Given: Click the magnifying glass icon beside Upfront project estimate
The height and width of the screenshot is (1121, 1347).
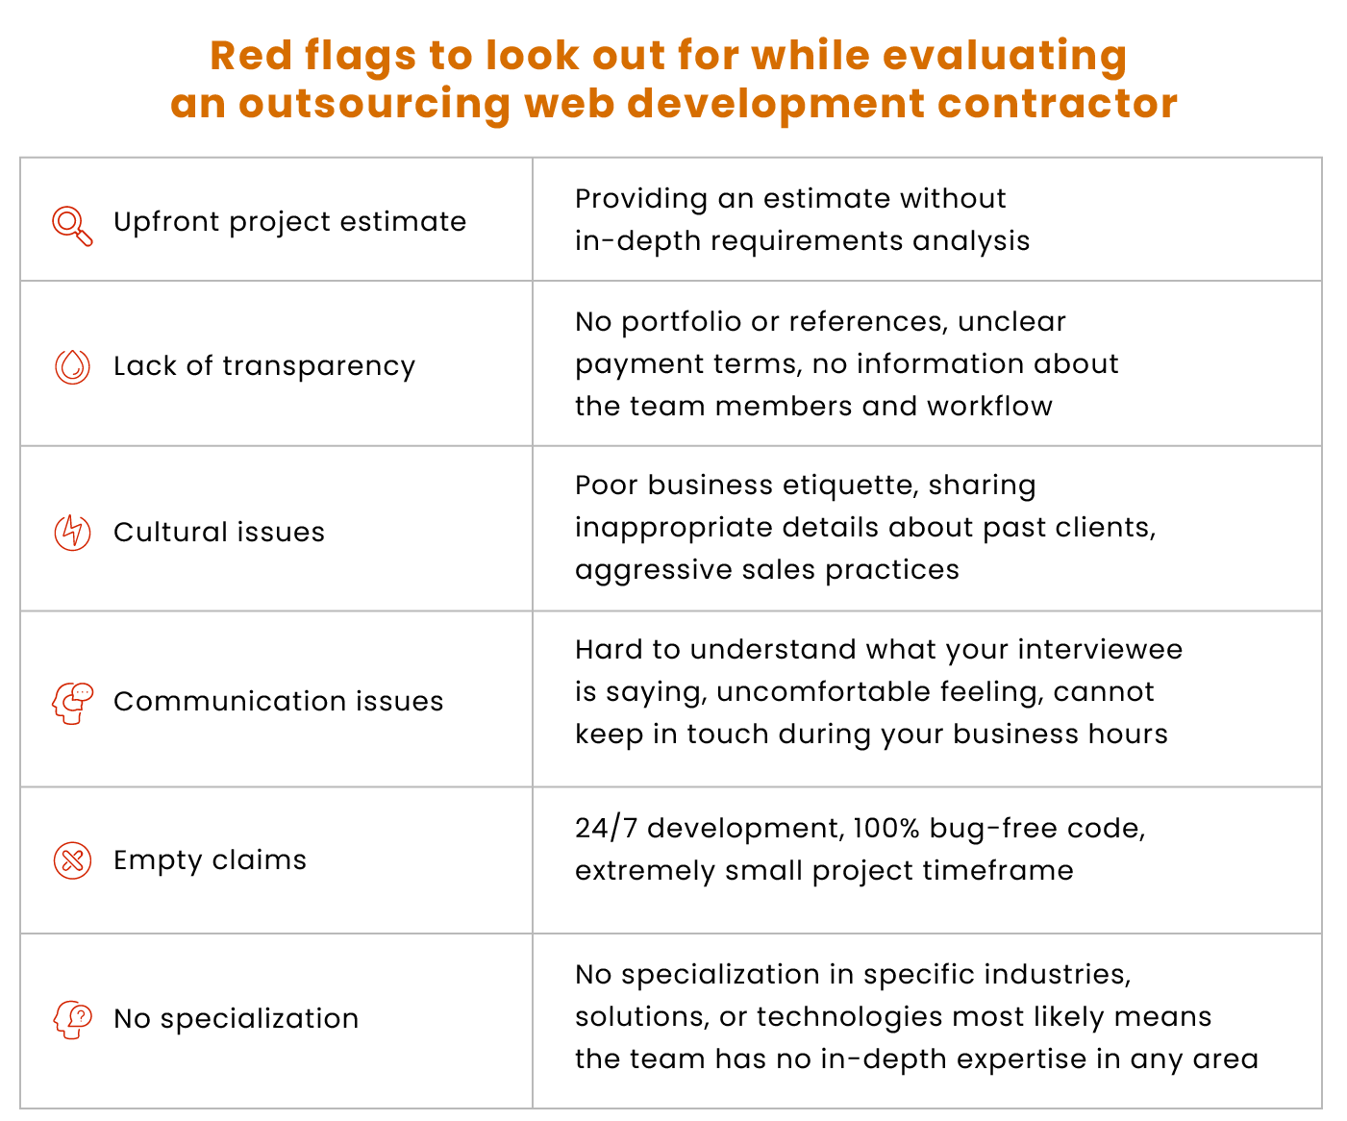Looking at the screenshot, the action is [72, 226].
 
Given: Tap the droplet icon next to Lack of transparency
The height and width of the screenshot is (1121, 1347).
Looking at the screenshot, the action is [72, 367].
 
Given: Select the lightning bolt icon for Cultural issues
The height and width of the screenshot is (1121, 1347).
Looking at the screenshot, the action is [72, 532].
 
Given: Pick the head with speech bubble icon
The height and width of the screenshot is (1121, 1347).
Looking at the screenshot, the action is [72, 703].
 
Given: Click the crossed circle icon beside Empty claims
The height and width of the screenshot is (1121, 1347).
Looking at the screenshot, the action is [72, 860].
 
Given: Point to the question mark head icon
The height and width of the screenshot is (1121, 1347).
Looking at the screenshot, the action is [72, 1020].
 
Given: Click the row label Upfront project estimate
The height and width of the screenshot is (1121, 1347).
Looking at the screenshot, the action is [289, 222].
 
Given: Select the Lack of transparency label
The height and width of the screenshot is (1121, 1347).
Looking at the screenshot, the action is [264, 366].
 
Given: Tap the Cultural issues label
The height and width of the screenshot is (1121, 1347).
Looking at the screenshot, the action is [219, 532].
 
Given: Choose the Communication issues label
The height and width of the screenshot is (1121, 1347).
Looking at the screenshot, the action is [279, 701].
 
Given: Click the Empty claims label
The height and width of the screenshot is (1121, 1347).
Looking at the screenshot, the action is [211, 860].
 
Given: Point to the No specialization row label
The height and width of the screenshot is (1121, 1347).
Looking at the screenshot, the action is [237, 1019].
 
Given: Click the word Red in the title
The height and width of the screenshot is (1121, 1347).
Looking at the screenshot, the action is [251, 55].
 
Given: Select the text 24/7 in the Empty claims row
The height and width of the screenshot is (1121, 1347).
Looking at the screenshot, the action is [607, 828].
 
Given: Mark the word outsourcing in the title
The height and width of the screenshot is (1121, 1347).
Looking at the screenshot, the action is [375, 105].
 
